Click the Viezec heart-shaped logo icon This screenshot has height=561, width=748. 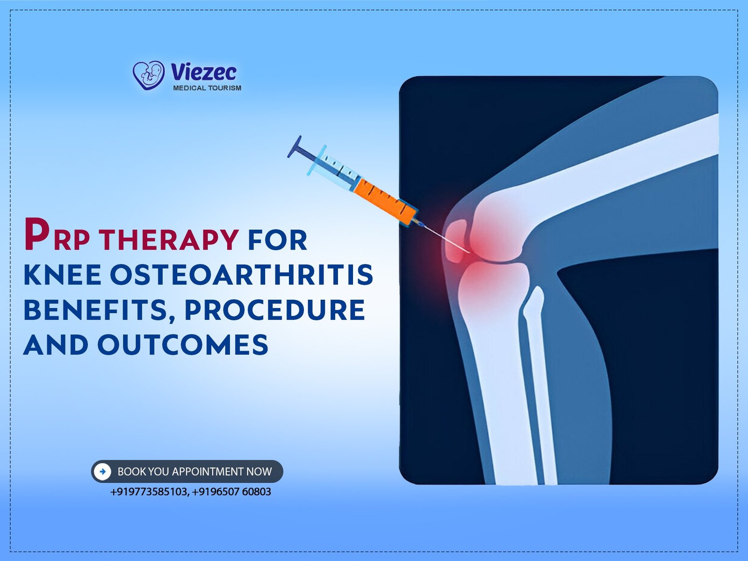(x=148, y=75)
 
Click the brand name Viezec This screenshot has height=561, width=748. (x=203, y=72)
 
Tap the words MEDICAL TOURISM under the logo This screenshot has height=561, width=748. (x=207, y=88)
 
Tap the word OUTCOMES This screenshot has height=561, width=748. (x=183, y=345)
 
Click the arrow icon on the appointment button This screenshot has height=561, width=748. (x=102, y=472)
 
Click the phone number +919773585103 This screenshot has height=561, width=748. (x=149, y=492)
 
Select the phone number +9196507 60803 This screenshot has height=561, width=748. (x=231, y=492)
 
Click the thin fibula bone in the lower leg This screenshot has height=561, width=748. (x=540, y=385)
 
